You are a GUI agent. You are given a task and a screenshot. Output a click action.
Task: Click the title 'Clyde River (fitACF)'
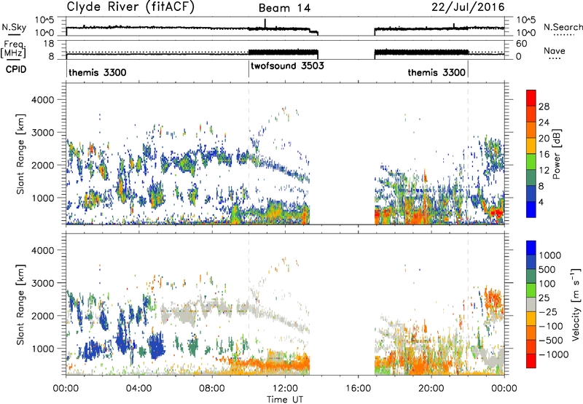pyautogui.click(x=130, y=7)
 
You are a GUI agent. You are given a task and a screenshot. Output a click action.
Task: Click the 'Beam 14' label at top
pyautogui.click(x=284, y=8)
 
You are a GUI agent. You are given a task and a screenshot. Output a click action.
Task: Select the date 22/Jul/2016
pyautogui.click(x=468, y=7)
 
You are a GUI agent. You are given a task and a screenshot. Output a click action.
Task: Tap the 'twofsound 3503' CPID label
pyautogui.click(x=287, y=66)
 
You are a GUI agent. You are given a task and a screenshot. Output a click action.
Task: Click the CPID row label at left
pyautogui.click(x=16, y=69)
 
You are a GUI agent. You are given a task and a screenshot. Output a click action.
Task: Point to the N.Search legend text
pyautogui.click(x=563, y=27)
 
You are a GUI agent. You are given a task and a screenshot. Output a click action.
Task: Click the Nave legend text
pyautogui.click(x=555, y=50)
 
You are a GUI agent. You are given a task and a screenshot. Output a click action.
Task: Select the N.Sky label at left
pyautogui.click(x=14, y=27)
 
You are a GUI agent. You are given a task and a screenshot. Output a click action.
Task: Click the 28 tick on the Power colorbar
pyautogui.click(x=544, y=106)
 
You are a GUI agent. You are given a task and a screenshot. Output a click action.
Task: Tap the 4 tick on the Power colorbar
pyautogui.click(x=541, y=203)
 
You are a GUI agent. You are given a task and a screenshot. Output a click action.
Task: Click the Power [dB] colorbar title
pyautogui.click(x=556, y=154)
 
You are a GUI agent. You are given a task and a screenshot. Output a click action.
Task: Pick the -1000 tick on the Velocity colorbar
pyautogui.click(x=553, y=354)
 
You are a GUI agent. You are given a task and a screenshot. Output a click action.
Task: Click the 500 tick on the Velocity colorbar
pyautogui.click(x=547, y=270)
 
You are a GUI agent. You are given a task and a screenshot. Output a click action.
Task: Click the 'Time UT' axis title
pyautogui.click(x=285, y=400)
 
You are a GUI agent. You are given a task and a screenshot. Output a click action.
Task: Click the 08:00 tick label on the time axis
pyautogui.click(x=212, y=389)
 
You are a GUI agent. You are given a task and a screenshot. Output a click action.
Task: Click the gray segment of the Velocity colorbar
pyautogui.click(x=531, y=305)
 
